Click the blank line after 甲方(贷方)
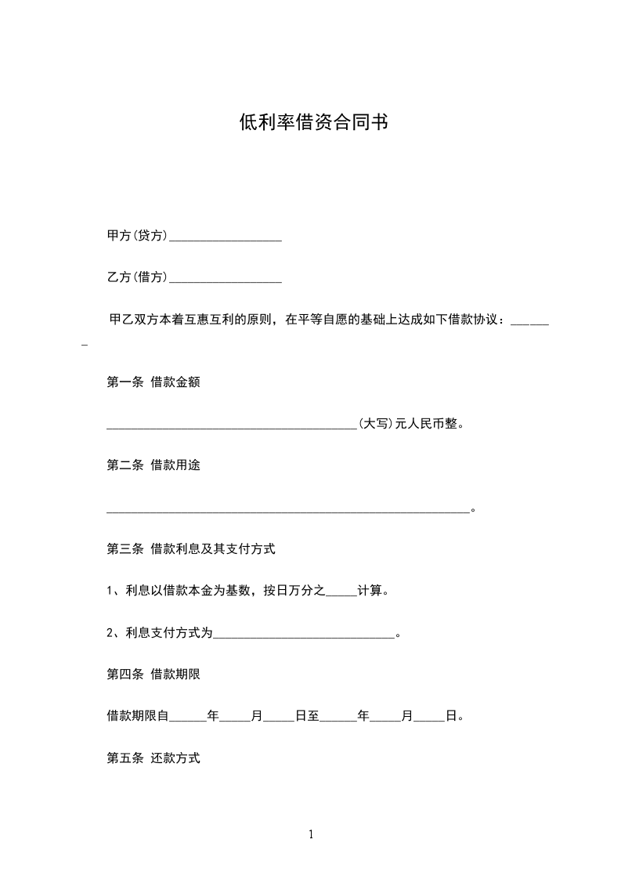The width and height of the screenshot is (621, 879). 226,237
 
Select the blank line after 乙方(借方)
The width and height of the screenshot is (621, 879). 226,278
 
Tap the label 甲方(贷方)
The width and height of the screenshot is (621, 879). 137,236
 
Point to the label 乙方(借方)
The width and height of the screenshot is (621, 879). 137,277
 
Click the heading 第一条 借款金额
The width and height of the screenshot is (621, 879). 153,382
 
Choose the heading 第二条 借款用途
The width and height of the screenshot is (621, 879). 153,465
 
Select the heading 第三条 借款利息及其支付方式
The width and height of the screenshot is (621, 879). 190,549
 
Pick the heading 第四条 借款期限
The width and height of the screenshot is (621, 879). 153,674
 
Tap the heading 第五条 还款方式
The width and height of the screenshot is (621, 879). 153,758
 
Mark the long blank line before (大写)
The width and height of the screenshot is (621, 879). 232,427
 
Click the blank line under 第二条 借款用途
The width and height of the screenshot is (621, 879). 288,510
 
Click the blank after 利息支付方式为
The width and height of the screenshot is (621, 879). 305,635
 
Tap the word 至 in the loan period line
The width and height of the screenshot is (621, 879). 313,716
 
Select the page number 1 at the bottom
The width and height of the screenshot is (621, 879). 311,834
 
